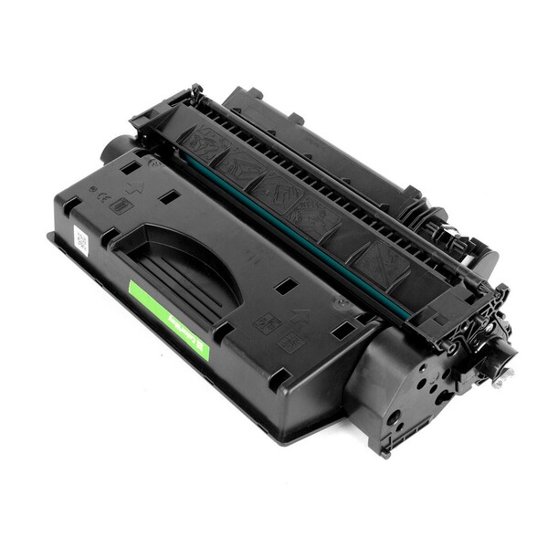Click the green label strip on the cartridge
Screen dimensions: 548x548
pyautogui.click(x=169, y=319)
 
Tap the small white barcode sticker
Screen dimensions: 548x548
pyautogui.click(x=80, y=241)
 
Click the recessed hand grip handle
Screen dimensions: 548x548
pyautogui.click(x=184, y=265)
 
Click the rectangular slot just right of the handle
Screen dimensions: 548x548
pyautogui.click(x=286, y=286)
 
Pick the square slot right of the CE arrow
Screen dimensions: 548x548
pyautogui.click(x=166, y=195)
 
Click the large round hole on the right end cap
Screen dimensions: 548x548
pyautogui.click(x=395, y=418)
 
